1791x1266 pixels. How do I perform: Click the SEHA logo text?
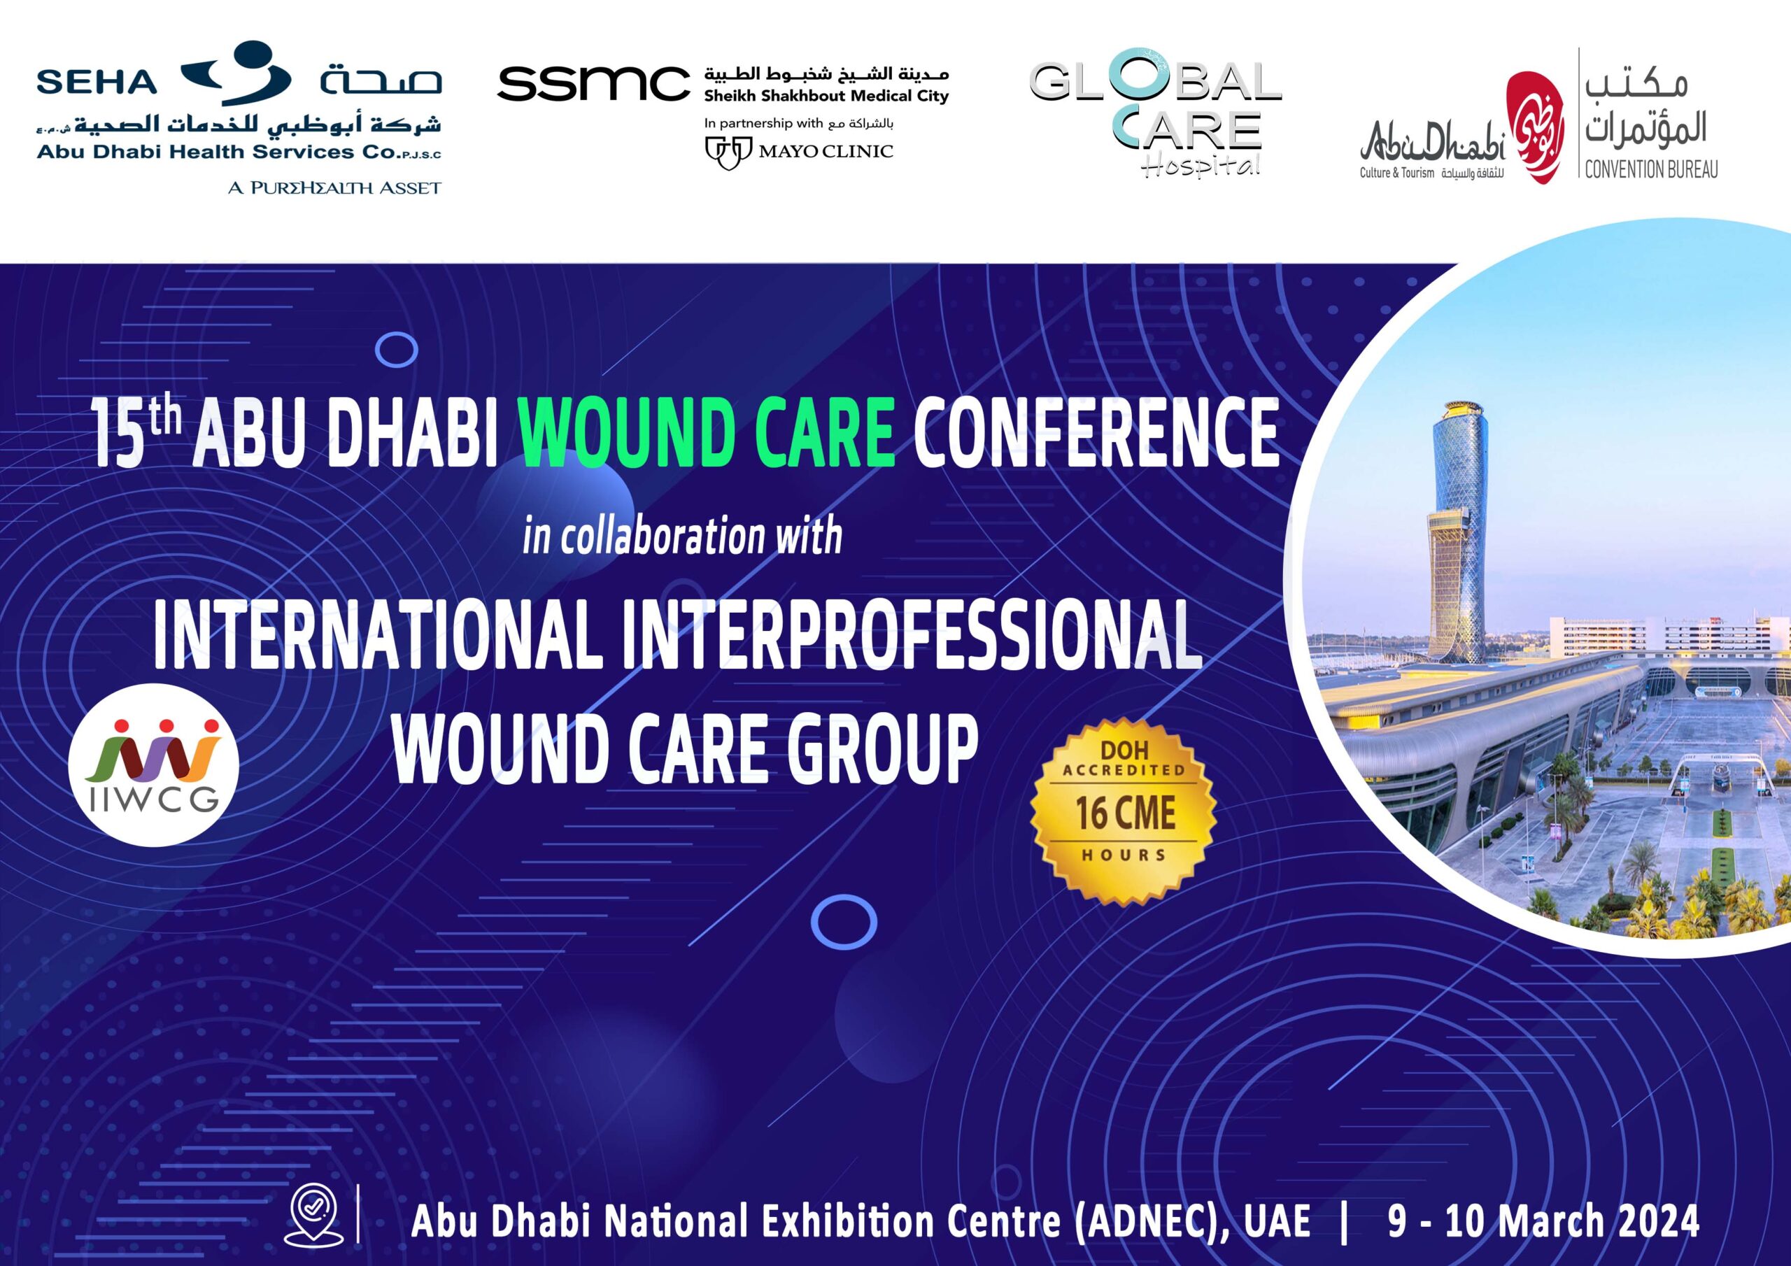[97, 82]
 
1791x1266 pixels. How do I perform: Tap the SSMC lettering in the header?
[594, 83]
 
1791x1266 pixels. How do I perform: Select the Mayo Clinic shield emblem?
[728, 151]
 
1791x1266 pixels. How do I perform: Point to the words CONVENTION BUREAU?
[1650, 169]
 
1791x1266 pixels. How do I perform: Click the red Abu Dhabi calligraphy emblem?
[1534, 128]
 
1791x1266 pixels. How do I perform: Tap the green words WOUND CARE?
[707, 434]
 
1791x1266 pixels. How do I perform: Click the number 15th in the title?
[137, 432]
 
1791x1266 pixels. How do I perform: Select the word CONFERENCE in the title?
[1097, 433]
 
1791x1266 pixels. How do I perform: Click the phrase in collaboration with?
[683, 536]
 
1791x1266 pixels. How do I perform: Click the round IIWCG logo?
[154, 765]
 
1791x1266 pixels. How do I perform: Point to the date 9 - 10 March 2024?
[1543, 1221]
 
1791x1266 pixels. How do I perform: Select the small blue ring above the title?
[396, 350]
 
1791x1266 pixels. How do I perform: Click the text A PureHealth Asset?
[334, 187]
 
